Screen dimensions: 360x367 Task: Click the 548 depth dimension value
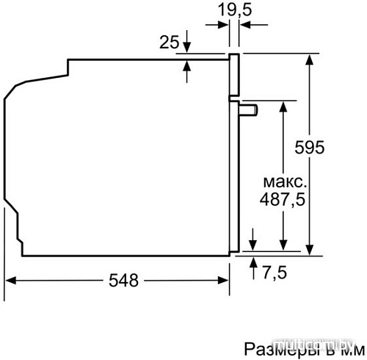tap(123, 281)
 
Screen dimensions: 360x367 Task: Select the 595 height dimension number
tap(310, 148)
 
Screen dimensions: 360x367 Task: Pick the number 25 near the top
tap(170, 43)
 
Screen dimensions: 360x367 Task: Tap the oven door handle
tap(247, 110)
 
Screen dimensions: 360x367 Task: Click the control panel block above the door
tap(234, 77)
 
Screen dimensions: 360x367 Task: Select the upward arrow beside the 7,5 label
tap(253, 263)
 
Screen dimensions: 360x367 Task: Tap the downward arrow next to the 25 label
tap(187, 46)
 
